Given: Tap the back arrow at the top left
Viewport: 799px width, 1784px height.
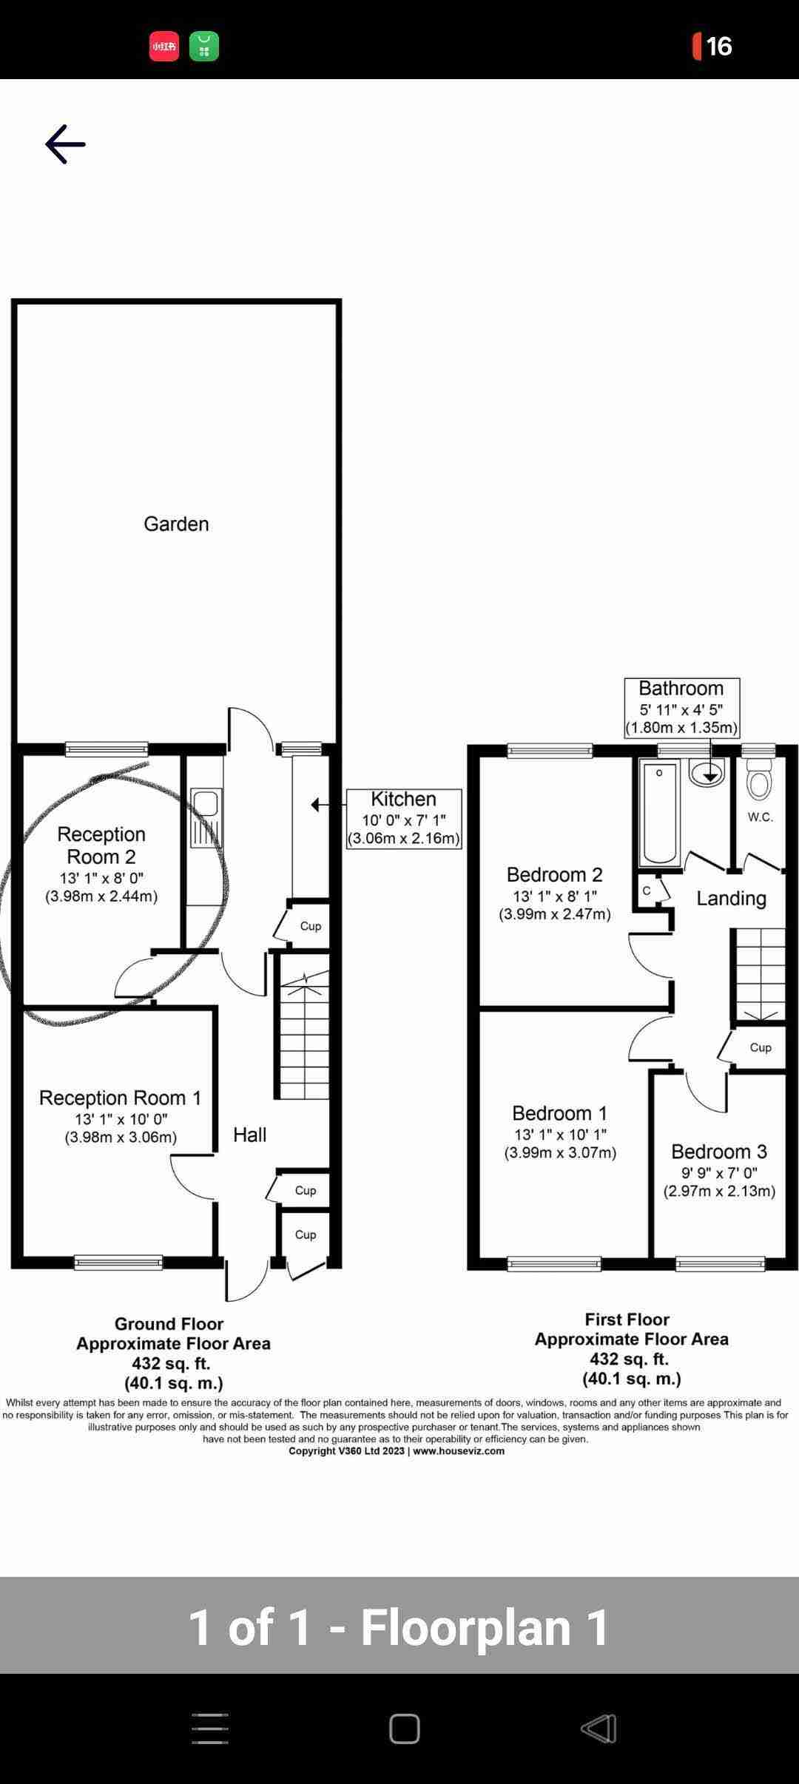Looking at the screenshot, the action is click(x=65, y=143).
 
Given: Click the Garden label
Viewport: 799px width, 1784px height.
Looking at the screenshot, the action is click(x=176, y=524).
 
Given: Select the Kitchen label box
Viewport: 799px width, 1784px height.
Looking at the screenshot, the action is click(x=404, y=819).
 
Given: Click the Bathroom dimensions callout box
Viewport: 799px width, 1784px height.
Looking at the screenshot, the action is click(x=681, y=708).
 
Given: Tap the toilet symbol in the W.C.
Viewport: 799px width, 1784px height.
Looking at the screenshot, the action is click(x=759, y=780).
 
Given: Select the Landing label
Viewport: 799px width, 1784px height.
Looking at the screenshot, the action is click(x=731, y=898).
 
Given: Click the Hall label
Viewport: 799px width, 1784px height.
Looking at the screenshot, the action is click(x=250, y=1135).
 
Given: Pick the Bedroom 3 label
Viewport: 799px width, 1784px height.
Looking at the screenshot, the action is click(x=719, y=1151).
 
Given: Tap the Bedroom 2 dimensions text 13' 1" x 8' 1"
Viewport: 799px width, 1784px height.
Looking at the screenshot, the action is click(x=555, y=896).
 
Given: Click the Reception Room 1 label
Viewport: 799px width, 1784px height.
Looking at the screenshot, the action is click(x=121, y=1098).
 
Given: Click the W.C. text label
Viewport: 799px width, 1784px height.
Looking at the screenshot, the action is click(x=761, y=817).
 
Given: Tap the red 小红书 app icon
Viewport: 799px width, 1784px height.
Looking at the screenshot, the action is click(x=164, y=46).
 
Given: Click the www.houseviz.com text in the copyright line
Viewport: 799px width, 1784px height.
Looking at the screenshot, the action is click(x=459, y=1450).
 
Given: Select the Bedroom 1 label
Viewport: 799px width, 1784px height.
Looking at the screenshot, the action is click(x=560, y=1113).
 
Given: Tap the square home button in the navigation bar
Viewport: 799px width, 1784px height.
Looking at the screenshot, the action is click(x=405, y=1729).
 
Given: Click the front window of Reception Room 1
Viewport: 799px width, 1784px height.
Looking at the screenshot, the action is click(x=118, y=1263).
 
